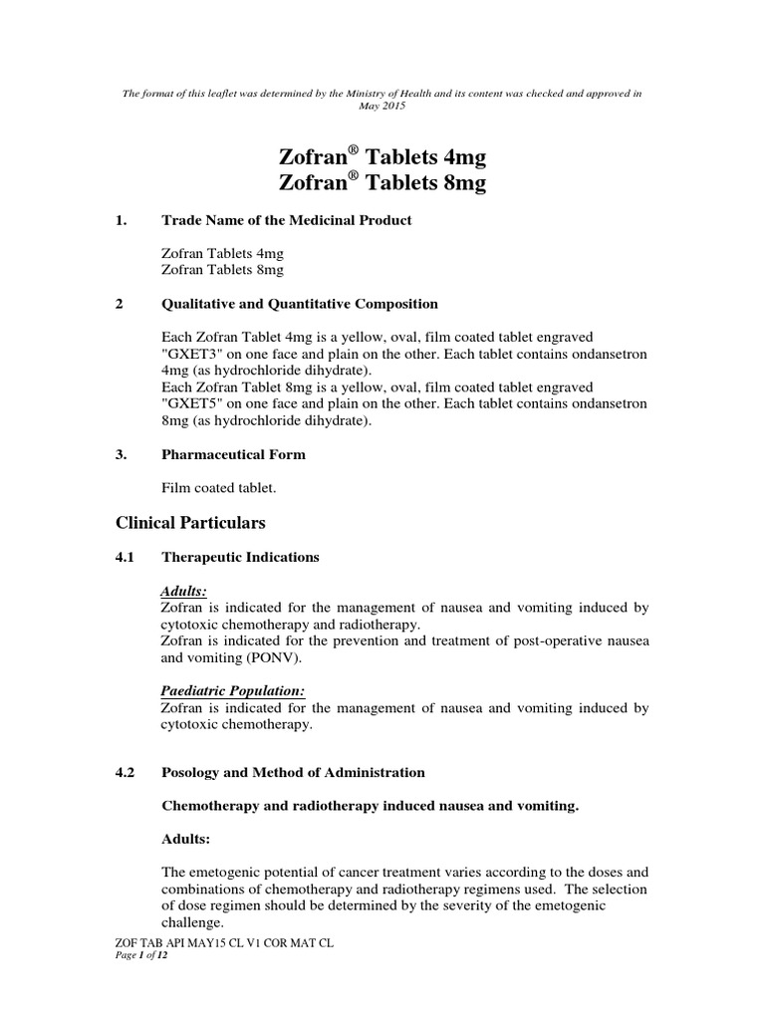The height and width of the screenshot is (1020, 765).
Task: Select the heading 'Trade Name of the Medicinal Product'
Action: click(x=285, y=220)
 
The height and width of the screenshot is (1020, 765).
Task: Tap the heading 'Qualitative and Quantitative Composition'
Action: click(x=299, y=304)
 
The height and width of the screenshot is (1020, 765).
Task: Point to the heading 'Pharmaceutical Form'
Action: click(x=233, y=454)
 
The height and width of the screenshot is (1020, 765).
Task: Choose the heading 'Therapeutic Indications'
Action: click(x=240, y=558)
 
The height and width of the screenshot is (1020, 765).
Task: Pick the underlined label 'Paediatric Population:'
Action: click(x=232, y=691)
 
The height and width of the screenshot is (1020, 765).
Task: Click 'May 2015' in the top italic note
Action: click(x=382, y=106)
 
